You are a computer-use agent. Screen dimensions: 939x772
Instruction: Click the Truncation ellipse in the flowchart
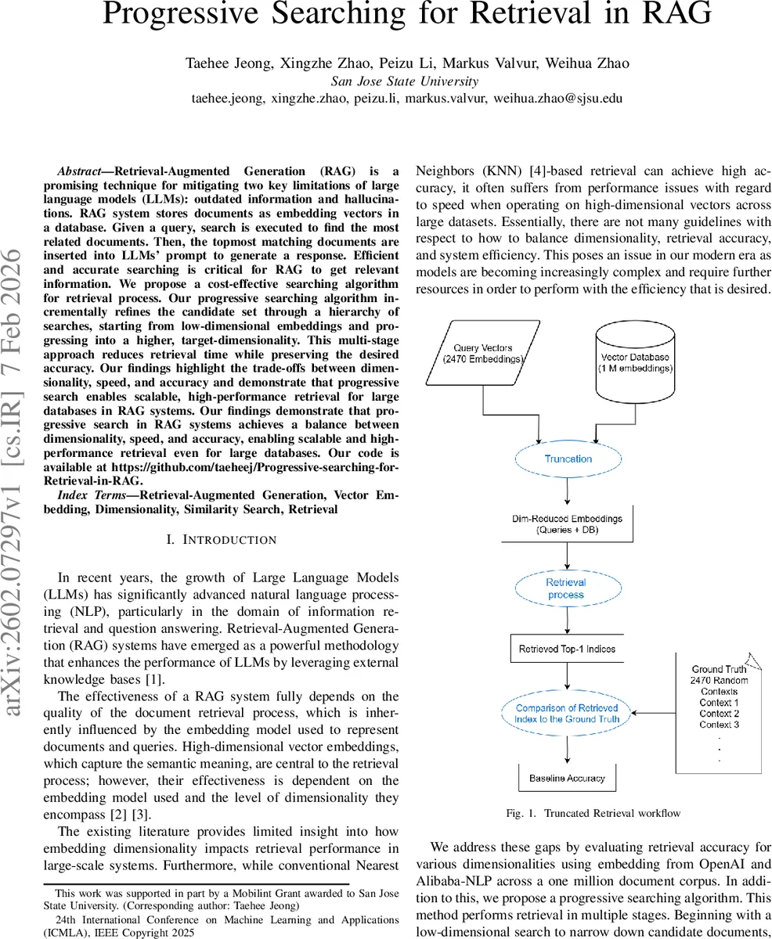tap(568, 459)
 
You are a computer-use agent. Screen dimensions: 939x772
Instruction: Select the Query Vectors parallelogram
tap(482, 353)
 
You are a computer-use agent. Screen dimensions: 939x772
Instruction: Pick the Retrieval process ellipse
tap(566, 588)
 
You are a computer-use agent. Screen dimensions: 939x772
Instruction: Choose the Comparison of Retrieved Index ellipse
tap(568, 713)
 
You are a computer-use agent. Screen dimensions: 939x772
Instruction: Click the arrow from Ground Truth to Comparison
tap(653, 713)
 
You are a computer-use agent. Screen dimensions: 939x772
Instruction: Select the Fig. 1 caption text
tap(593, 813)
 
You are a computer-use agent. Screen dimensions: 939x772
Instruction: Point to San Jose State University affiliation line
tap(405, 81)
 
